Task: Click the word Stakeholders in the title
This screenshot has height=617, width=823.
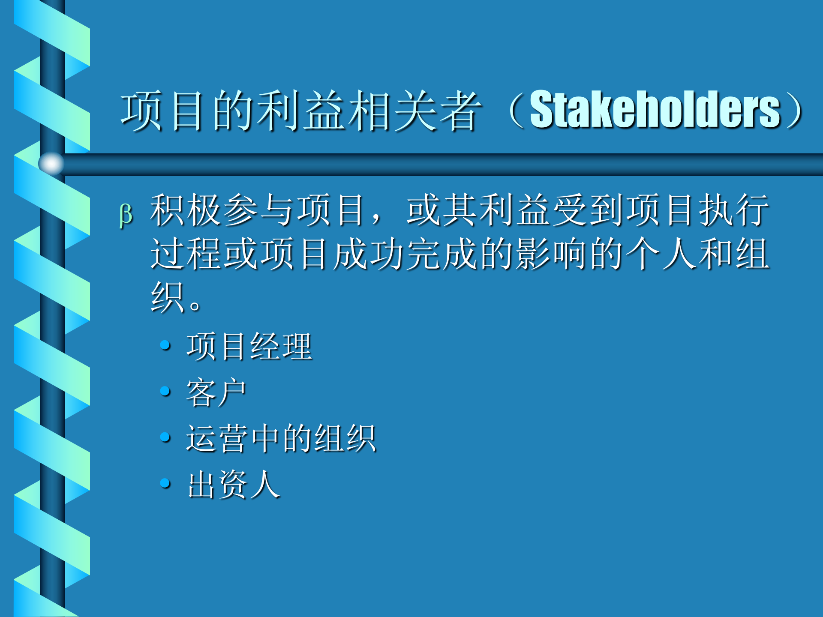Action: [x=655, y=110]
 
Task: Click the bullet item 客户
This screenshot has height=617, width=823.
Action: [x=216, y=392]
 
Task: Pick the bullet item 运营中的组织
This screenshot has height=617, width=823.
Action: [x=281, y=438]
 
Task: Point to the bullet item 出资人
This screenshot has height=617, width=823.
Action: [x=234, y=485]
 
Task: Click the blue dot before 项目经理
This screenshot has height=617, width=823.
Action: [x=165, y=345]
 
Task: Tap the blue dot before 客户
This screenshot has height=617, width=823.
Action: [x=165, y=391]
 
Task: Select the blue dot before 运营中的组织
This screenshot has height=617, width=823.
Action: [x=165, y=437]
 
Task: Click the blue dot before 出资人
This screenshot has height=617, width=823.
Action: [x=165, y=483]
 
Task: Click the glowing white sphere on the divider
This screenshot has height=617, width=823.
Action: [x=51, y=163]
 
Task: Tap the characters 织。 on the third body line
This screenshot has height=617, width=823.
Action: [x=176, y=298]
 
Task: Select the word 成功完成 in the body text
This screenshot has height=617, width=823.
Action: [x=405, y=254]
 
